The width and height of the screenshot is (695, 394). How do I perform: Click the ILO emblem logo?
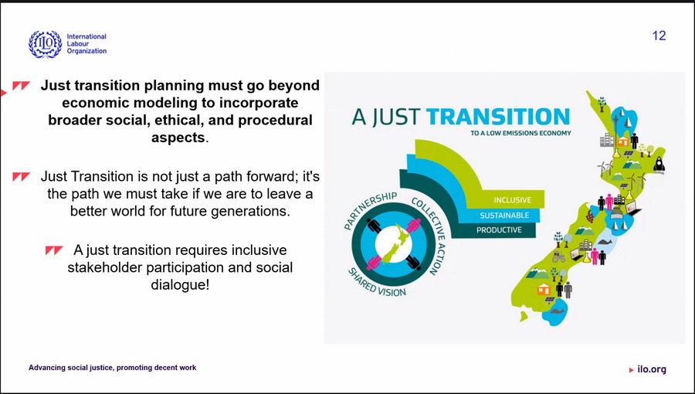click(x=46, y=44)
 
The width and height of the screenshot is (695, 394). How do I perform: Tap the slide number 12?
click(x=659, y=36)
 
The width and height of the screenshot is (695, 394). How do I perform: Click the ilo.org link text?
click(x=652, y=369)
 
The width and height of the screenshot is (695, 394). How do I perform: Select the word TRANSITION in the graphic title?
click(x=498, y=117)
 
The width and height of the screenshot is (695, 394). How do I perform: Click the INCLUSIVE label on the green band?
click(x=513, y=200)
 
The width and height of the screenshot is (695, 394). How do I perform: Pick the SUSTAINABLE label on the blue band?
click(x=504, y=216)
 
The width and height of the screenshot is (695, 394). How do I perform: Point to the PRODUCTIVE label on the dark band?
click(x=499, y=230)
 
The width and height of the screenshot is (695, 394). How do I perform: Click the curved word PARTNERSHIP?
click(x=370, y=209)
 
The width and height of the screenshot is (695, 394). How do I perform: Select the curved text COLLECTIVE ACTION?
click(x=429, y=235)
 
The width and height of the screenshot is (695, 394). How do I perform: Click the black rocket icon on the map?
click(x=659, y=165)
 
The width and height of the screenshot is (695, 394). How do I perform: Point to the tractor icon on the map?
click(x=558, y=256)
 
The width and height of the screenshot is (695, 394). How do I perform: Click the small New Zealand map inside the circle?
click(x=394, y=245)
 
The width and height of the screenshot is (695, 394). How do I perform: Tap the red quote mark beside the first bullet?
click(x=21, y=86)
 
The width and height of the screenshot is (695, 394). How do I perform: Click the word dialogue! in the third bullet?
click(x=179, y=284)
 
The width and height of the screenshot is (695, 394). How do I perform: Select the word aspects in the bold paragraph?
click(x=178, y=138)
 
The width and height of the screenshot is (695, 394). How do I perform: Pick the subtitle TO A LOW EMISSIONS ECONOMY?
click(x=520, y=133)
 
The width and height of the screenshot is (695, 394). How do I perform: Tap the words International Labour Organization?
click(x=86, y=44)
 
